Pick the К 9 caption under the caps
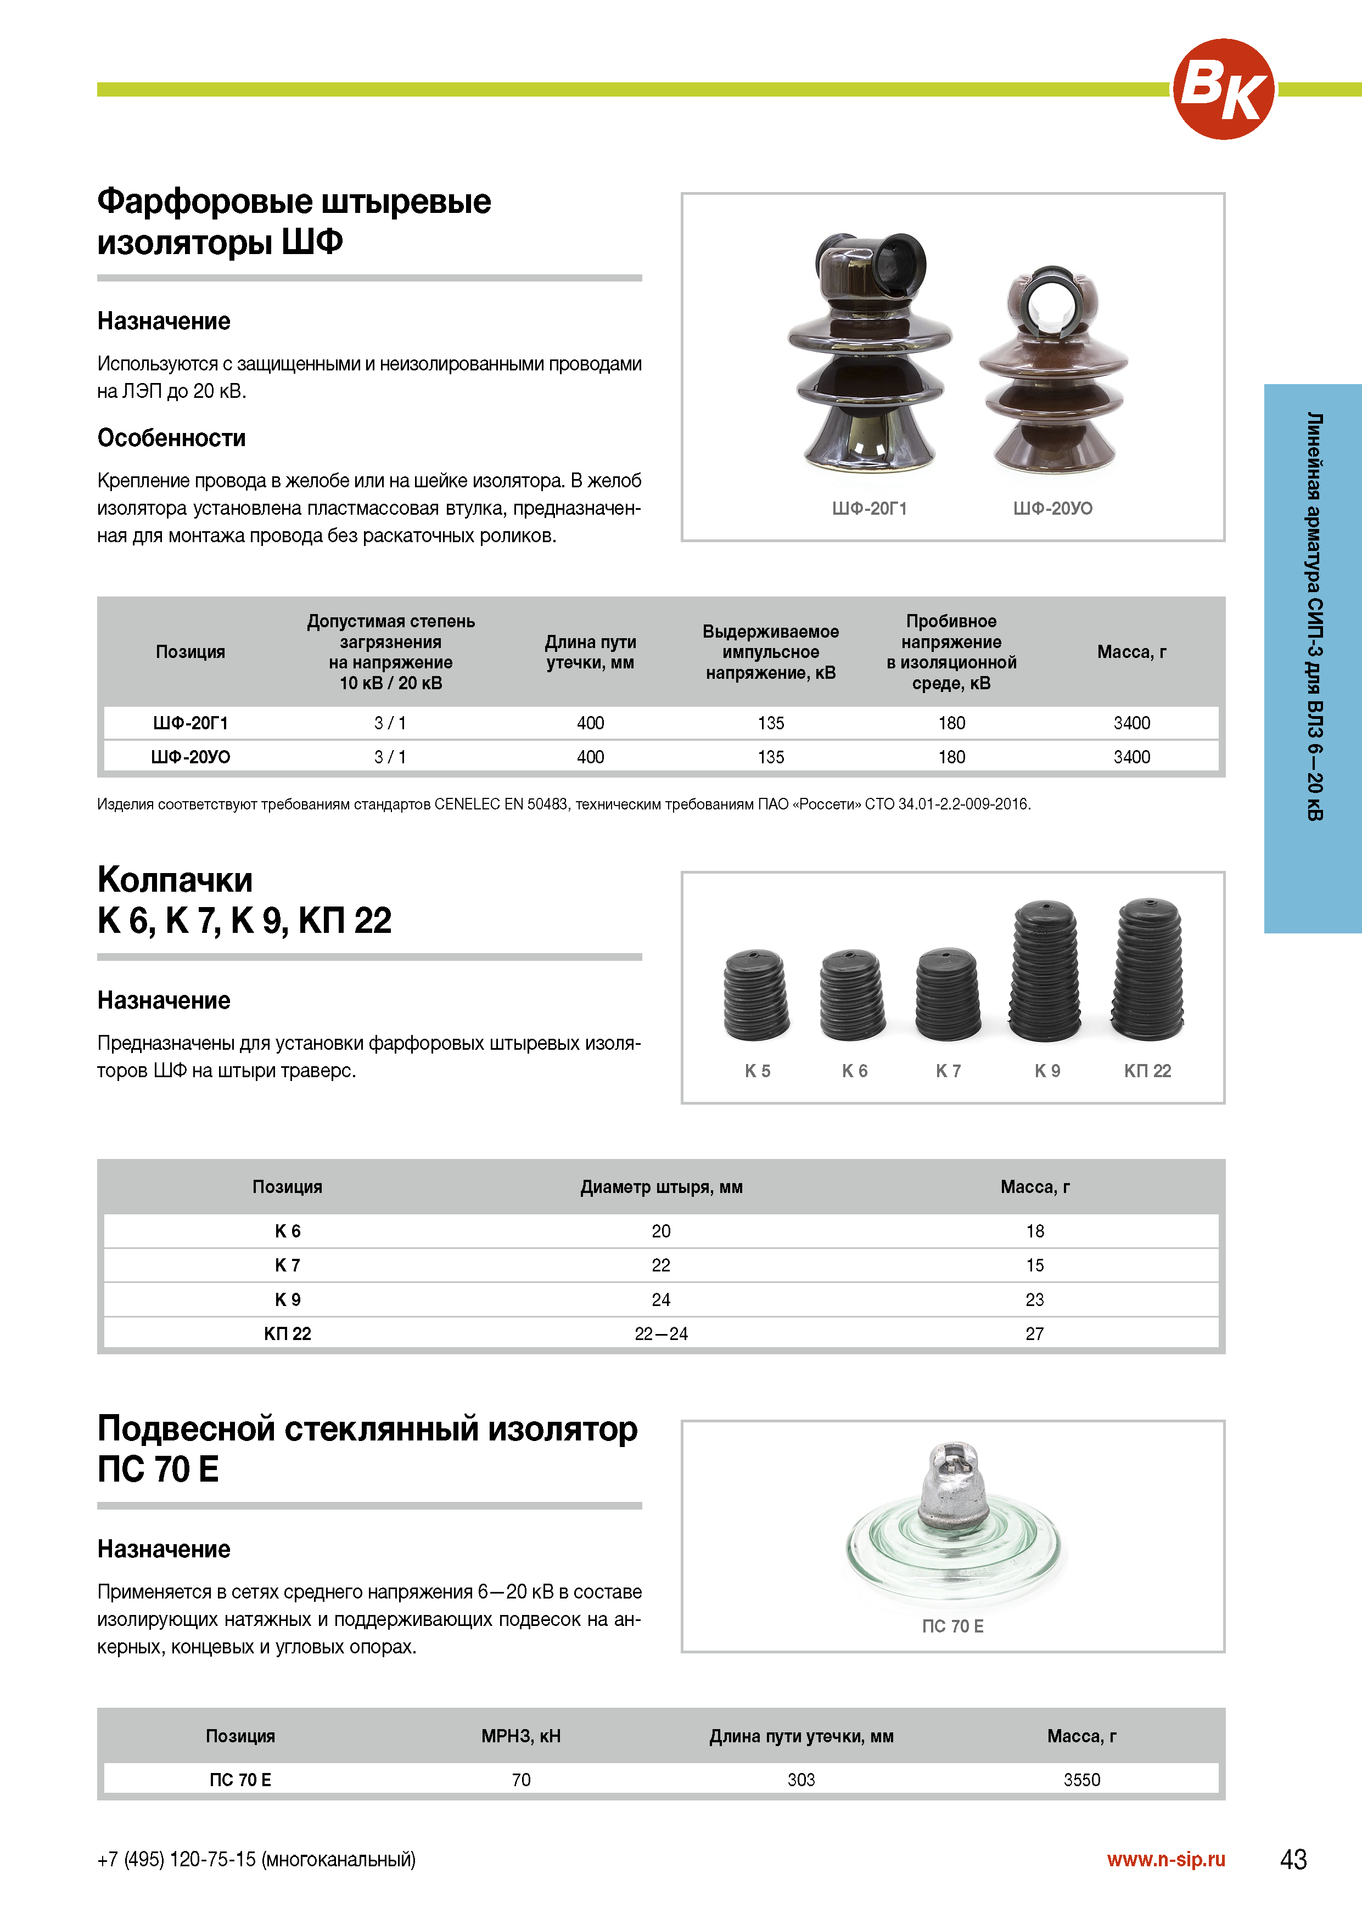(x=1047, y=1071)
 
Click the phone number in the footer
(x=256, y=1860)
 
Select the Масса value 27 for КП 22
(x=1034, y=1333)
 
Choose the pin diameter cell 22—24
(x=661, y=1333)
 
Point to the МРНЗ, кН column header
(x=521, y=1736)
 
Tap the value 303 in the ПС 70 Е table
(x=801, y=1779)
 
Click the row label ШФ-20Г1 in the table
(x=190, y=723)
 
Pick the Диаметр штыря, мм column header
(x=661, y=1186)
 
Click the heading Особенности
(x=171, y=438)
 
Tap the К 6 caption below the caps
(x=855, y=1071)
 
